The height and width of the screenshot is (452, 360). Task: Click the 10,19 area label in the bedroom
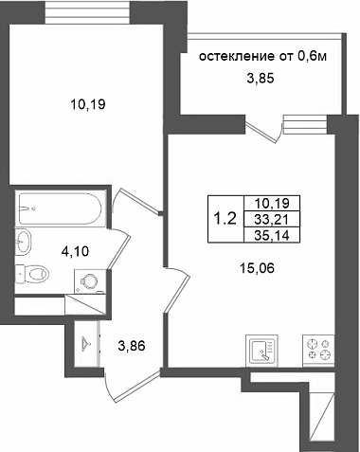(x=87, y=104)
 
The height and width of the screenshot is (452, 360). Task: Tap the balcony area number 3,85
(x=261, y=78)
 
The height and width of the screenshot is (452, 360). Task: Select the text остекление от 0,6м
(x=262, y=57)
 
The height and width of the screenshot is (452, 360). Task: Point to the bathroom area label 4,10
(x=75, y=251)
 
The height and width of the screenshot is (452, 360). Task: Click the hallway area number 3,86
(x=132, y=346)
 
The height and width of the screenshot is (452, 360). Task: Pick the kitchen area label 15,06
(x=257, y=268)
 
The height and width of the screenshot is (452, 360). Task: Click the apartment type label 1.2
(x=225, y=218)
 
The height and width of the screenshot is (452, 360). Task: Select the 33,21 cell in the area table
(x=272, y=219)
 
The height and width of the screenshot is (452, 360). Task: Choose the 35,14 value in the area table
(x=272, y=235)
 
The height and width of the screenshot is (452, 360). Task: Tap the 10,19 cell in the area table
(x=272, y=203)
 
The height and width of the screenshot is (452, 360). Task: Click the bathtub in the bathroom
(x=60, y=208)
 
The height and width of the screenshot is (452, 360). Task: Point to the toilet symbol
(x=32, y=273)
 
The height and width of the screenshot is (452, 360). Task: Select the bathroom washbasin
(x=24, y=241)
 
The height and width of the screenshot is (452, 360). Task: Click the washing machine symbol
(x=89, y=281)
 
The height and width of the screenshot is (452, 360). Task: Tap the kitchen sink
(x=261, y=351)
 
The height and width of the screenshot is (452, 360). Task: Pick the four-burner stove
(x=318, y=351)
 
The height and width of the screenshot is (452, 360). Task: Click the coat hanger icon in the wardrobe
(x=86, y=342)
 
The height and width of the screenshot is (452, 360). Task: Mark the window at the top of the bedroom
(x=88, y=11)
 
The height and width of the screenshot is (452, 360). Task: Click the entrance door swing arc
(x=109, y=388)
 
